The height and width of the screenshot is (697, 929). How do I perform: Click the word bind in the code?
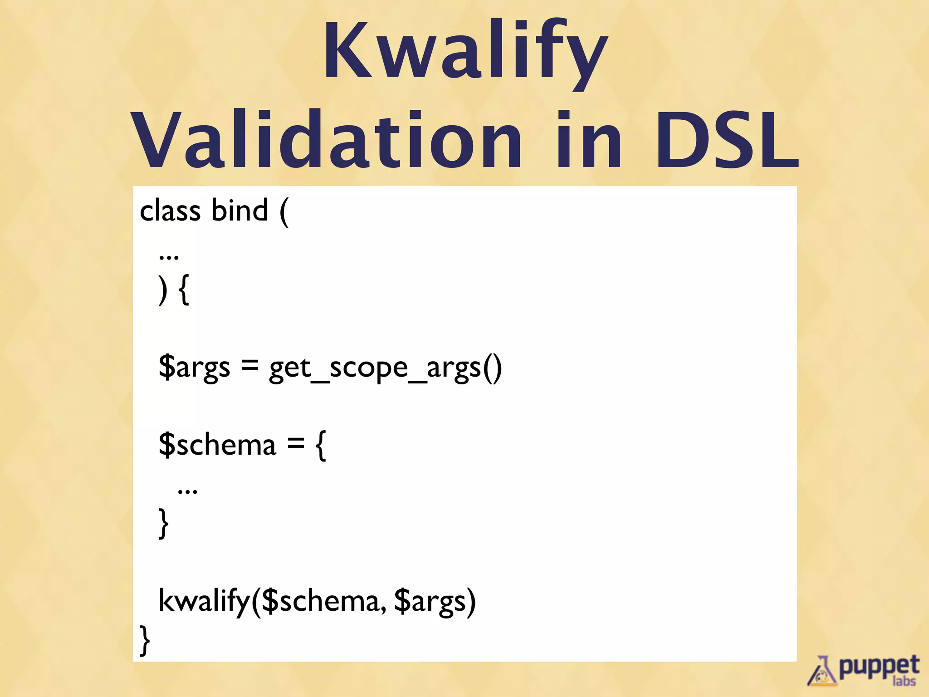pyautogui.click(x=240, y=211)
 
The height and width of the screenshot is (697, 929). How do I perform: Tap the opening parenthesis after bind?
pyautogui.click(x=284, y=212)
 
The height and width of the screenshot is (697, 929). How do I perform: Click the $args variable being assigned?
pyautogui.click(x=194, y=368)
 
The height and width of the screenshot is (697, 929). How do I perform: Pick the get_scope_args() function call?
pyautogui.click(x=386, y=368)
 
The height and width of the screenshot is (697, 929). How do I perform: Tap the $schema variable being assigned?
pyautogui.click(x=217, y=445)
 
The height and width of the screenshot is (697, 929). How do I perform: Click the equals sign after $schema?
pyautogui.click(x=295, y=444)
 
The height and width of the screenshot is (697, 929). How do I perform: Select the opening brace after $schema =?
pyautogui.click(x=321, y=446)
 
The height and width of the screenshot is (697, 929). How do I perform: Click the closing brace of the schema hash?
pyautogui.click(x=163, y=523)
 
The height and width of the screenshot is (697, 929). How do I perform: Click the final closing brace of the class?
pyautogui.click(x=145, y=640)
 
